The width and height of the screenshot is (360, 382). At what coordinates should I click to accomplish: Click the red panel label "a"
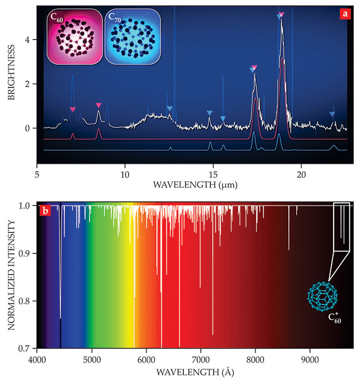tap(344, 14)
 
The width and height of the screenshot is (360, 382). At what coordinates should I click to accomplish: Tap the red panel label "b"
tap(46, 211)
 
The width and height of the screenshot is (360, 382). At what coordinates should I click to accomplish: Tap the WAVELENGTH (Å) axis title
tap(194, 373)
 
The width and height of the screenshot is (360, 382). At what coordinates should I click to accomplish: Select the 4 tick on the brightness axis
tap(30, 40)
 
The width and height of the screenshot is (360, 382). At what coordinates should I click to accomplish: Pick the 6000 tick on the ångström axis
tap(146, 360)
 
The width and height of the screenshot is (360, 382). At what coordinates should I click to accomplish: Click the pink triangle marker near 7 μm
tap(73, 110)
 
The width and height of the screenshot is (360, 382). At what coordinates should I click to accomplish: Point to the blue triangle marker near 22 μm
tap(332, 114)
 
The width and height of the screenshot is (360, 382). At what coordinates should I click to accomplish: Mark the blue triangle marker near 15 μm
tap(210, 113)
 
